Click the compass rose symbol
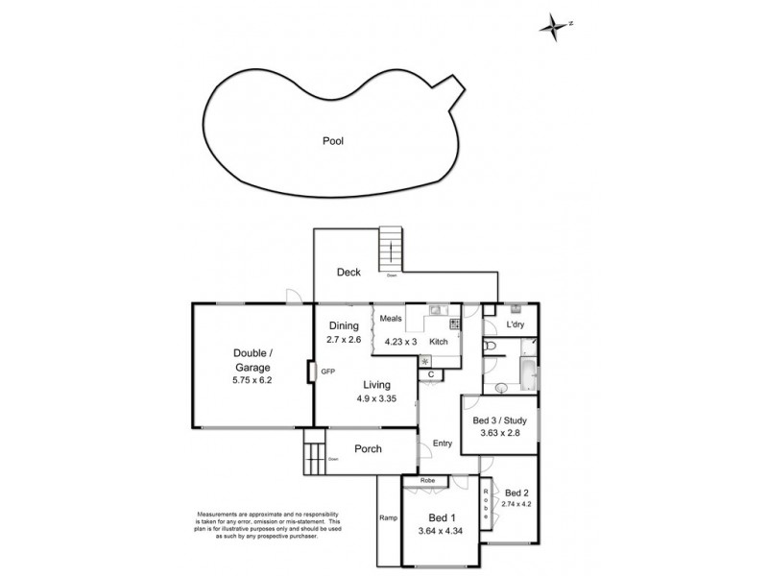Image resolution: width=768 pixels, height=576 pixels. coord(554,26)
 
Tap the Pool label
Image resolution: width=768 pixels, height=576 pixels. coord(332,141)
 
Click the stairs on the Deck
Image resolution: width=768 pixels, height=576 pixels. coord(392,250)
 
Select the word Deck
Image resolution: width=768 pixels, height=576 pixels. coord(348,273)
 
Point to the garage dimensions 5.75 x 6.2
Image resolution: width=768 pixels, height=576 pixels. coord(252,380)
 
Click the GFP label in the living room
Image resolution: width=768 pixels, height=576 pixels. coord(327,371)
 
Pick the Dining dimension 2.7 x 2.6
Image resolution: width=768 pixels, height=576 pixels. coord(343,340)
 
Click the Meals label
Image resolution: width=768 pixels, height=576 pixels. coord(390,320)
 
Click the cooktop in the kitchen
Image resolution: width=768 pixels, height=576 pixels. coord(454,325)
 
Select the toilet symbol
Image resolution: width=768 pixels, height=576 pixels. coord(489,346)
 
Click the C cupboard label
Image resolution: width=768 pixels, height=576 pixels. coord(431,373)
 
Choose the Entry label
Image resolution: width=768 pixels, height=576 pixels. coord(443,443)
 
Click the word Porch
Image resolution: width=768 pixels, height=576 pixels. coord(368,448)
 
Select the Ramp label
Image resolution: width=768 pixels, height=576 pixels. coord(388,518)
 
